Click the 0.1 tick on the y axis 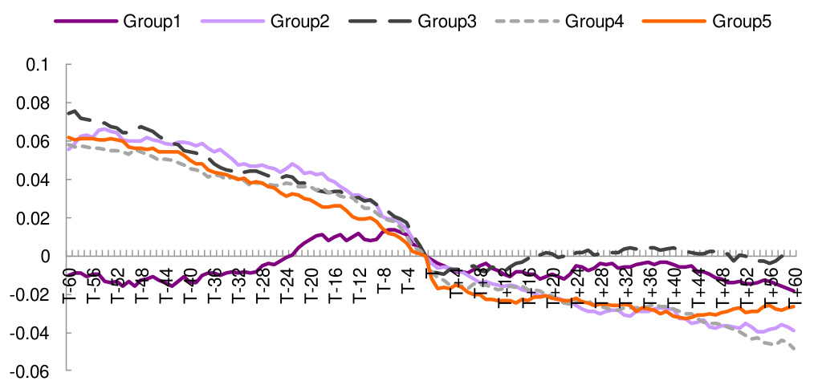click(x=38, y=65)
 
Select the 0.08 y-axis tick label click(x=33, y=103)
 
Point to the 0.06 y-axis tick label click(x=33, y=142)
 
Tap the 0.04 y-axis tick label click(x=33, y=180)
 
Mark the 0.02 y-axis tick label click(x=33, y=218)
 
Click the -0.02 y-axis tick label click(x=31, y=294)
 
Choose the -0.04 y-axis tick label click(x=31, y=333)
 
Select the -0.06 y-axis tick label click(x=31, y=371)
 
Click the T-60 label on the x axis click(x=69, y=286)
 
